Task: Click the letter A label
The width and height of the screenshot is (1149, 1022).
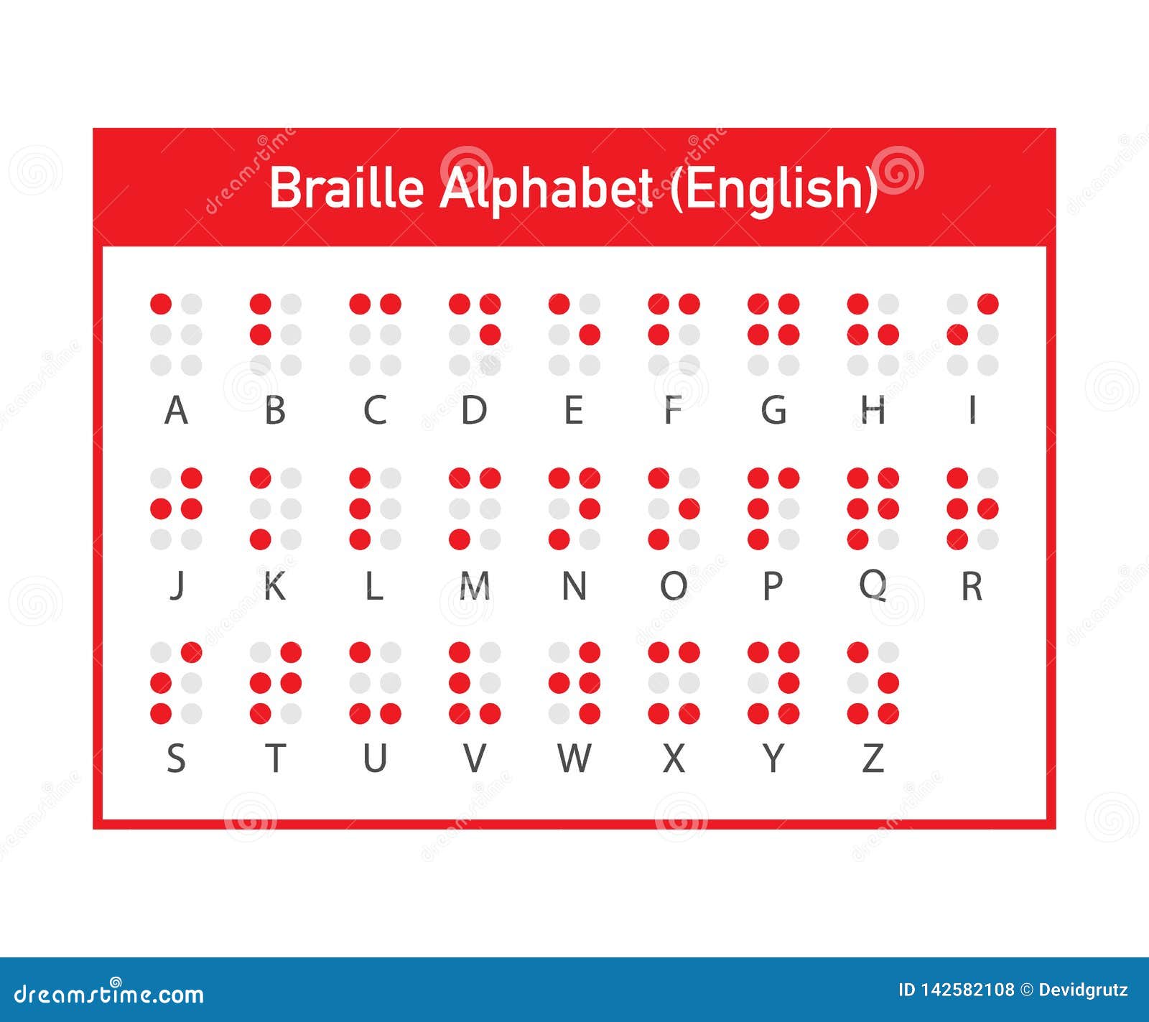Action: [x=176, y=411]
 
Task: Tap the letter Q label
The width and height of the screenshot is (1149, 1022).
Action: [x=873, y=586]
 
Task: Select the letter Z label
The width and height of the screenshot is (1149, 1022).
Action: [x=873, y=758]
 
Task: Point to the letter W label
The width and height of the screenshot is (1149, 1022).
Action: [x=574, y=758]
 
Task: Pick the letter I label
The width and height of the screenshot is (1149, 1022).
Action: [x=972, y=411]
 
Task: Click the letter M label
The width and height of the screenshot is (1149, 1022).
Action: [x=474, y=586]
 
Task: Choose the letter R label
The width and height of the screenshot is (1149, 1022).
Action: [x=972, y=586]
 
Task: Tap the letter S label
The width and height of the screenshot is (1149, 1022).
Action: [x=176, y=758]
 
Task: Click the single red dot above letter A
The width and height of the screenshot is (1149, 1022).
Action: [x=161, y=304]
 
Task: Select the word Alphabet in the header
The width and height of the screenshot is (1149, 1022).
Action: [x=546, y=188]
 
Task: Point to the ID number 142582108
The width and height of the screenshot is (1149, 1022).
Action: [x=966, y=990]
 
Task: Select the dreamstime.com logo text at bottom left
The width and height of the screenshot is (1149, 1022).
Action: [x=109, y=994]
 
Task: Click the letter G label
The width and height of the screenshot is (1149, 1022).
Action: [x=773, y=411]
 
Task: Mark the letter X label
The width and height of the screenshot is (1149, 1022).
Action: [x=674, y=758]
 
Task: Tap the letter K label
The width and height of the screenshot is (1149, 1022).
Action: [x=275, y=586]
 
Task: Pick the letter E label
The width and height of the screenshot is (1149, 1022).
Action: [x=573, y=411]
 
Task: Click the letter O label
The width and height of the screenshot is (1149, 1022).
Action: [x=674, y=586]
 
